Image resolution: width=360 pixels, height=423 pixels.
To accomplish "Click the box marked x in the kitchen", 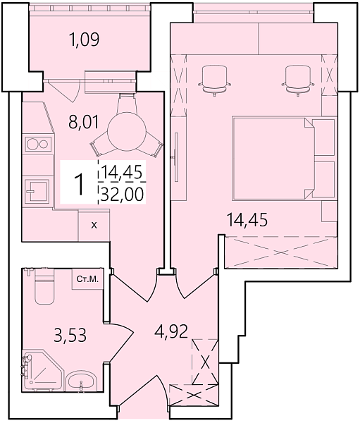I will (x=94, y=226).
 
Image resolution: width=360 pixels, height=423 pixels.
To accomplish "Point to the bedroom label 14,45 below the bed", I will (x=247, y=220).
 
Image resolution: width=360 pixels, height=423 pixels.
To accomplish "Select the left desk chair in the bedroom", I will (x=213, y=78).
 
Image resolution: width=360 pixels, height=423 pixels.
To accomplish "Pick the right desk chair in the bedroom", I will (x=297, y=78).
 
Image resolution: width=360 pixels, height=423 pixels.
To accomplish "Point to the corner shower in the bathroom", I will (x=39, y=371).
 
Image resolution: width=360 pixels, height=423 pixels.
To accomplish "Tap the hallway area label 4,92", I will (x=170, y=331).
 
